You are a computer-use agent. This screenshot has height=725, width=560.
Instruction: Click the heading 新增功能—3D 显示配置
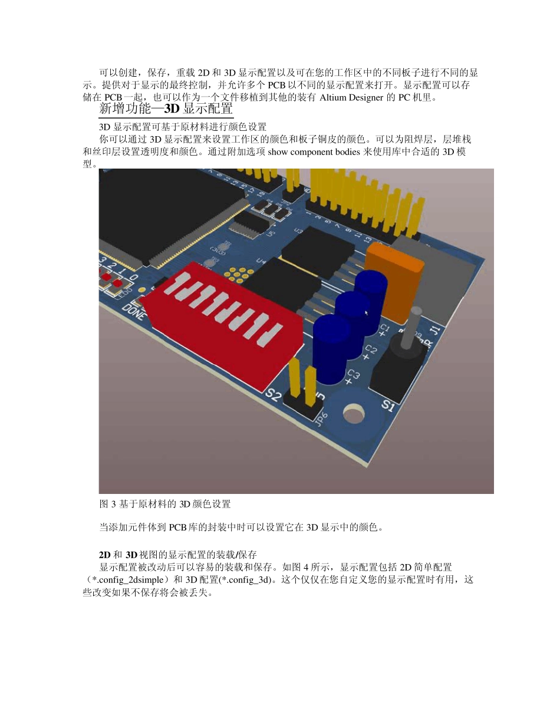tap(166, 109)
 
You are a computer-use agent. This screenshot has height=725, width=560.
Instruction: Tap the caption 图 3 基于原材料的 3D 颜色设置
tap(164, 504)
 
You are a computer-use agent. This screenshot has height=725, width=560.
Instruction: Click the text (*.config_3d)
tap(240, 579)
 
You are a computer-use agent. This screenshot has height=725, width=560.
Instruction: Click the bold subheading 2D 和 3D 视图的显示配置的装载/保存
tap(177, 555)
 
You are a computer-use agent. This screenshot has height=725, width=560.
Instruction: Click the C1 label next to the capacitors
tap(384, 329)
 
